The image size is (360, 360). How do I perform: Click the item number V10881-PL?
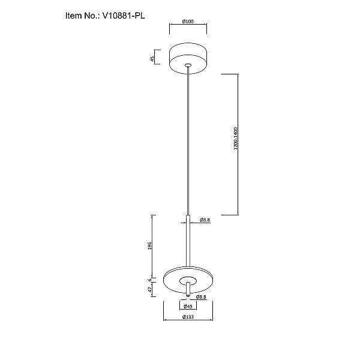124,16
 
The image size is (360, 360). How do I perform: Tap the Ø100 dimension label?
188,22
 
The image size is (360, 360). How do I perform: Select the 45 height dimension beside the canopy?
152,59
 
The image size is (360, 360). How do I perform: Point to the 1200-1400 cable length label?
236,138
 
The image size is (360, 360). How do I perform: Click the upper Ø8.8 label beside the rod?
205,220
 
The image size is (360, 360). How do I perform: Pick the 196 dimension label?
149,245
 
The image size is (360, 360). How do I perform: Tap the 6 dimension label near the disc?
149,280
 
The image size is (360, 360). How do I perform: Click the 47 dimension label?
149,290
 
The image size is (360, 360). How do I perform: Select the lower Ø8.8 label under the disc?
201,297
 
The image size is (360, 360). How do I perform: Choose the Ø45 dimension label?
188,306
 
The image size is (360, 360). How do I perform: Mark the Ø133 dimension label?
188,317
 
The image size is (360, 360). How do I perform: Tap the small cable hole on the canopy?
188,65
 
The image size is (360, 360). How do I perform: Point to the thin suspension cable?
188,140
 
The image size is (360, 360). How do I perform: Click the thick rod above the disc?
188,241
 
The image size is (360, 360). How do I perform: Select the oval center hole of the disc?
188,281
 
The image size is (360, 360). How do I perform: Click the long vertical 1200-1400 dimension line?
238,145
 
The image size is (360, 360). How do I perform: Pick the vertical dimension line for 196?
153,247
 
